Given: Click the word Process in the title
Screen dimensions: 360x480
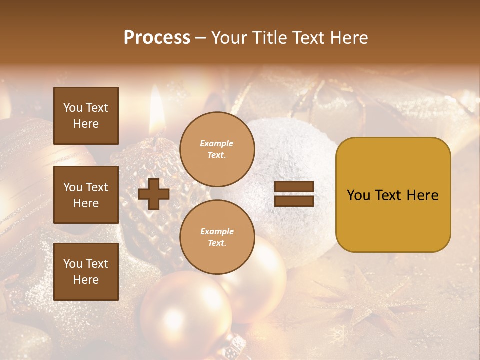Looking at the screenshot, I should [x=157, y=38].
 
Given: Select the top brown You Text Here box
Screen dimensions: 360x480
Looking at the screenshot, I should [x=86, y=116].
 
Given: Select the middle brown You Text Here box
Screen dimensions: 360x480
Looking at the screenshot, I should [x=86, y=195].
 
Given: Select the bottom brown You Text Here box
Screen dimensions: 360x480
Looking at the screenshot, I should [x=86, y=271].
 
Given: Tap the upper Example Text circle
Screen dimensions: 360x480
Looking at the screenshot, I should [x=217, y=149].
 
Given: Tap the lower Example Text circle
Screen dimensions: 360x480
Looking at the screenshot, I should [x=217, y=237].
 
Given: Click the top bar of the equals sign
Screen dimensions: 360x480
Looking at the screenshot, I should [x=294, y=187].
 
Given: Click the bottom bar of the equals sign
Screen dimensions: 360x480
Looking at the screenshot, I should [x=294, y=201].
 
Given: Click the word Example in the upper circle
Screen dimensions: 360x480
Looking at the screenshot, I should [x=217, y=143].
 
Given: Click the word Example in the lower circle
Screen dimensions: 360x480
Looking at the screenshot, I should [x=217, y=231].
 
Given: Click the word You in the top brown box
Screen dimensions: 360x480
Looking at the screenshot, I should [x=73, y=108].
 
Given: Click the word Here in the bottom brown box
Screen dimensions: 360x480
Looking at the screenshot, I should [x=86, y=280].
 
